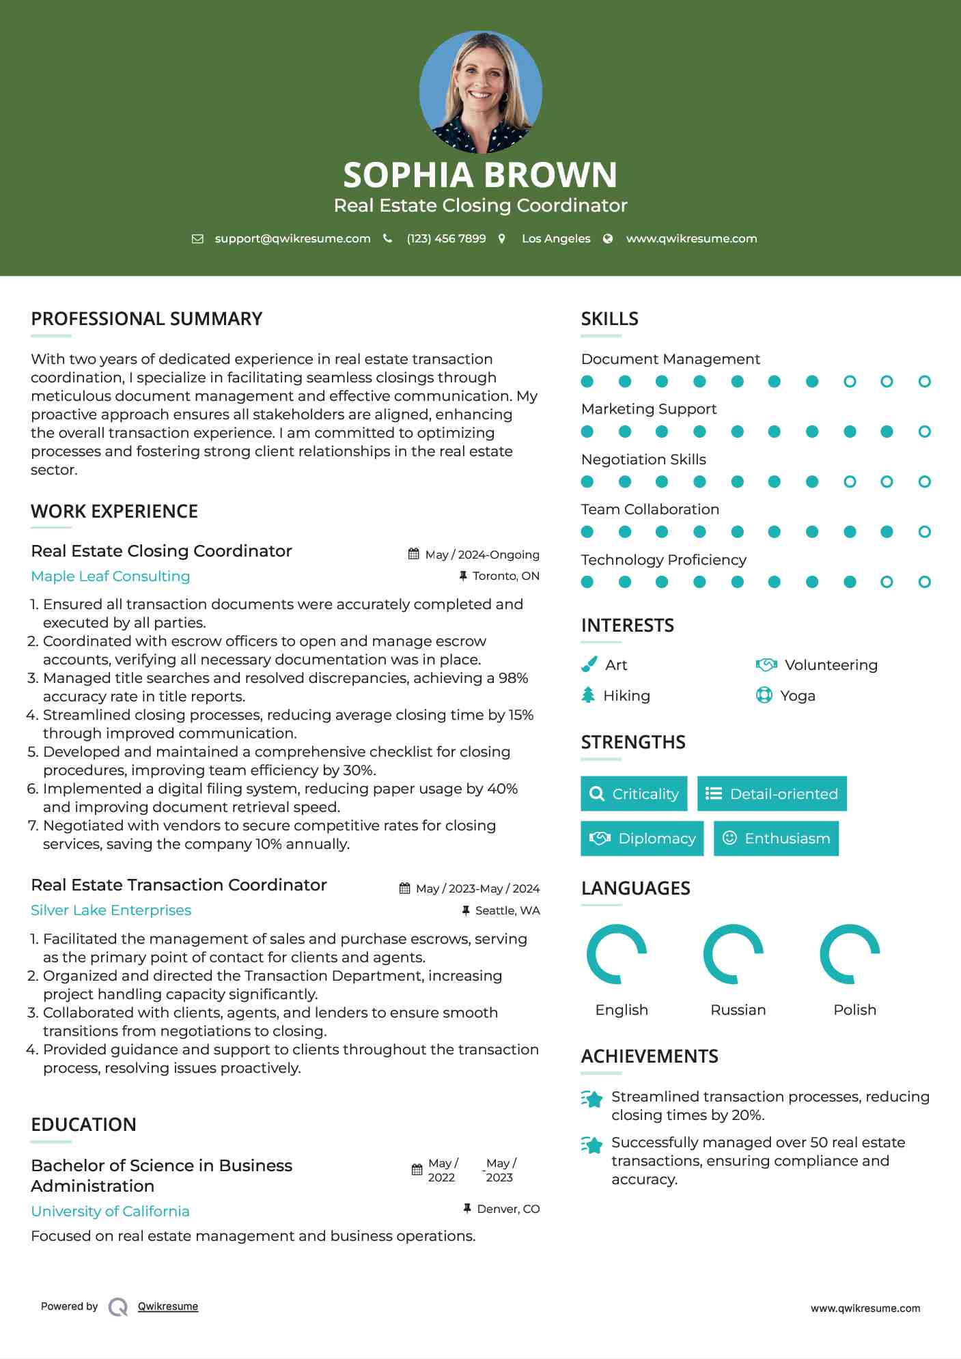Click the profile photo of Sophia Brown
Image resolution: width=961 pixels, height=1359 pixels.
point(480,92)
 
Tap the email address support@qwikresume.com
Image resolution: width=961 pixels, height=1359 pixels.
point(292,238)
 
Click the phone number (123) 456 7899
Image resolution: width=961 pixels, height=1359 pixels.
point(446,238)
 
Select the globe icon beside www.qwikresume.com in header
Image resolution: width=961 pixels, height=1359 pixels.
point(608,238)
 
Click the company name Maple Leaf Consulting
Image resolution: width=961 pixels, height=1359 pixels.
point(111,576)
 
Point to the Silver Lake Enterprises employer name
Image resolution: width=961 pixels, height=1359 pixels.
point(111,910)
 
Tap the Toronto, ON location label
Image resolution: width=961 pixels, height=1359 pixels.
point(505,576)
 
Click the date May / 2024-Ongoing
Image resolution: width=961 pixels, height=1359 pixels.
point(482,555)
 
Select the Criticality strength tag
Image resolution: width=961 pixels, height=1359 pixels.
point(634,794)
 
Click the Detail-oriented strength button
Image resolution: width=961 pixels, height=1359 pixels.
point(772,794)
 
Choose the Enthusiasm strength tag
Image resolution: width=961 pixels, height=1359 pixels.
point(776,838)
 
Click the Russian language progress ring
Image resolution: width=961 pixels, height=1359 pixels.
point(734,954)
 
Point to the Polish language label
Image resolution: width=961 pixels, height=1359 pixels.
point(854,1010)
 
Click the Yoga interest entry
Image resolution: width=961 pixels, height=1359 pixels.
point(797,696)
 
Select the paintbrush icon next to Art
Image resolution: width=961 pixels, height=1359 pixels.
point(589,664)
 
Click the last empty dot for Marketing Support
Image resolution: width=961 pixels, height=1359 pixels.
point(924,432)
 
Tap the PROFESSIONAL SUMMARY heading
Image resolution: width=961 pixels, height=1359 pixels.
point(147,319)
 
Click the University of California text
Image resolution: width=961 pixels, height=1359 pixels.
point(111,1211)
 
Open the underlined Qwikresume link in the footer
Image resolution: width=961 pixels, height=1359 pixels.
point(168,1306)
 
